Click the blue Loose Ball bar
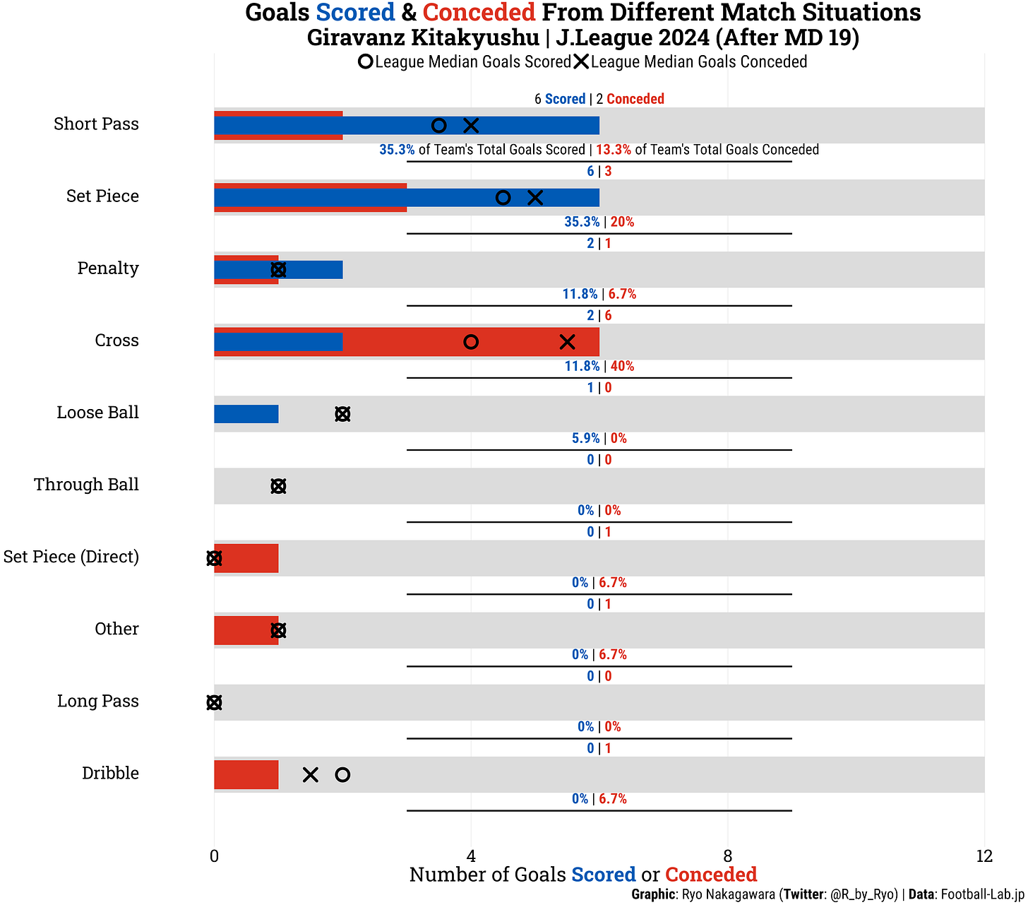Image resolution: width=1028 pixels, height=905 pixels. click(246, 414)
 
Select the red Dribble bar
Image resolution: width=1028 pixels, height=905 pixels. click(246, 774)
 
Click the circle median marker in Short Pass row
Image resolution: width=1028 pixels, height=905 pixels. click(438, 126)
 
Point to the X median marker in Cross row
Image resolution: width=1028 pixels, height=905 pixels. click(567, 342)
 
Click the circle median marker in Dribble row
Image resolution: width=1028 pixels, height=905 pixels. click(342, 775)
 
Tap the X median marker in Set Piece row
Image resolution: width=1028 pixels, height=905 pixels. click(535, 198)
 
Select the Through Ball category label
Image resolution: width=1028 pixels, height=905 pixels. click(86, 485)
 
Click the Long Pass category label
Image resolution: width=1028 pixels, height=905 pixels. click(98, 701)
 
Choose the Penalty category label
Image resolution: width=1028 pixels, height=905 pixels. click(108, 268)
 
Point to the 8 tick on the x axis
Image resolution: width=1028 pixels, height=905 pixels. click(728, 856)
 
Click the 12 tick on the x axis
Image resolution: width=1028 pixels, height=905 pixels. click(984, 856)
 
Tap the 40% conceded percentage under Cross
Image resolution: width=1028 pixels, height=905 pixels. click(622, 366)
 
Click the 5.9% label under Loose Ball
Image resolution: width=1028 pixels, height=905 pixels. click(585, 438)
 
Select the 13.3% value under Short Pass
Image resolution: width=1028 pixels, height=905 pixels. click(614, 150)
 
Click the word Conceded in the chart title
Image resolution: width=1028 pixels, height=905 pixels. click(479, 13)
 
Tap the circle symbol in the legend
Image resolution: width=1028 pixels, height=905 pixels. click(365, 62)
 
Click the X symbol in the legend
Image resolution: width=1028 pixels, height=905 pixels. click(581, 62)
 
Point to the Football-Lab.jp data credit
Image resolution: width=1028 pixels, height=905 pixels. click(982, 894)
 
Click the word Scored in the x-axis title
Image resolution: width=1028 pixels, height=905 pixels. click(604, 875)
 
